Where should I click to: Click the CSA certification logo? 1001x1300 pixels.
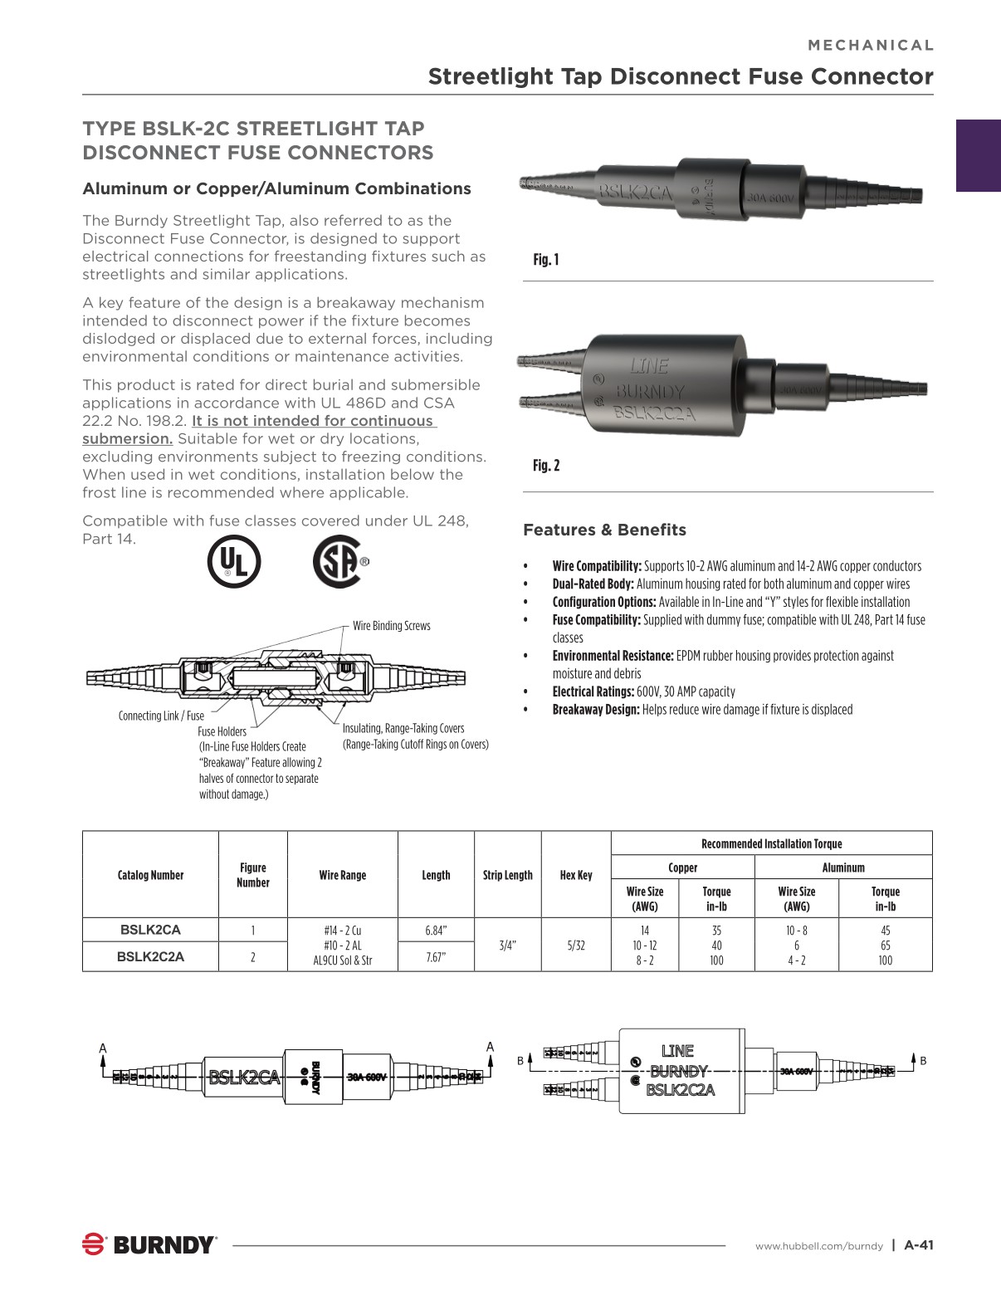coord(338,562)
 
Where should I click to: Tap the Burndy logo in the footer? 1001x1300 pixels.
coord(149,1244)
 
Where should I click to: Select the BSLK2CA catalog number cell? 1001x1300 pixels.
coord(150,930)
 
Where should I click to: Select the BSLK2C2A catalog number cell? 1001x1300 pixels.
coord(150,956)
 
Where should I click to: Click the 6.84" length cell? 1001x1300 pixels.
coord(436,931)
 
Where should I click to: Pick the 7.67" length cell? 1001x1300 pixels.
coord(436,957)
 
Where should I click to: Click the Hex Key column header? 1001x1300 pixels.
coord(576,875)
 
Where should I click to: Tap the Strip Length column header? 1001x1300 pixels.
coord(507,875)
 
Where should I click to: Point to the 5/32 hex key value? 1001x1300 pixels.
coord(576,945)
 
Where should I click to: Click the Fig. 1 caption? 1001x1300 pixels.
coord(546,260)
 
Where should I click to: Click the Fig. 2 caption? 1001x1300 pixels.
coord(546,466)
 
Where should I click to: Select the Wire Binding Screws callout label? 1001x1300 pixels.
coord(392,626)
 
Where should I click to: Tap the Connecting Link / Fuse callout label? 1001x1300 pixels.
coord(161,716)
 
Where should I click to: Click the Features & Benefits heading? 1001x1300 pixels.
coord(604,530)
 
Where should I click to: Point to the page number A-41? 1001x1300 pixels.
coord(919,1244)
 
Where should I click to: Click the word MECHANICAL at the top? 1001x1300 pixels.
coord(871,46)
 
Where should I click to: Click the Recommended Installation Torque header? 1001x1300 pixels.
coord(771,843)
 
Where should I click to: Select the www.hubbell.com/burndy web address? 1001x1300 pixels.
coord(818,1246)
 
